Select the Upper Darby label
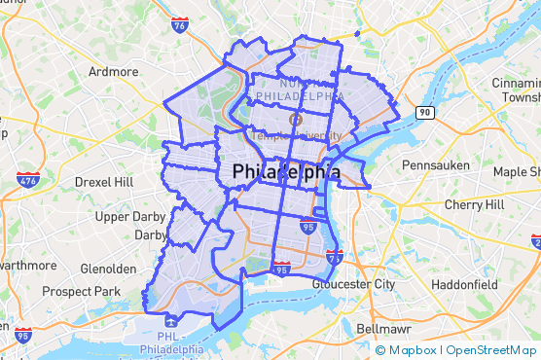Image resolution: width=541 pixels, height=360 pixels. (131, 216)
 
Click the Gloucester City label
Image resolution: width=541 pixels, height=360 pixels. (354, 284)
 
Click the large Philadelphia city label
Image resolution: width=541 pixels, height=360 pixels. (287, 172)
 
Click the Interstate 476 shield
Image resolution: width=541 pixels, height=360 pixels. (27, 180)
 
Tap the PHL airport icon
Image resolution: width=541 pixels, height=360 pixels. (171, 320)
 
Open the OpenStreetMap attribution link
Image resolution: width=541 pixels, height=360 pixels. (491, 350)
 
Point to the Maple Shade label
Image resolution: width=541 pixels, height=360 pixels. (516, 172)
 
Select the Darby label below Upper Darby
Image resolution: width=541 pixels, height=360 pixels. (151, 235)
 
